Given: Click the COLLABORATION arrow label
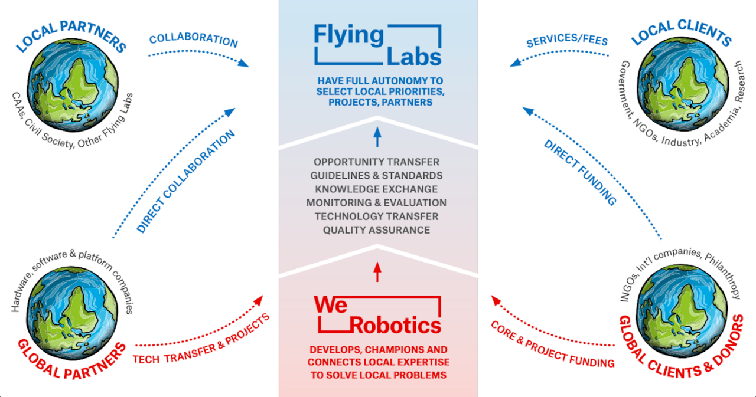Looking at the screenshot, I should [194, 41].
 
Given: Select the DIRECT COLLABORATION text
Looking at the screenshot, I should [186, 182].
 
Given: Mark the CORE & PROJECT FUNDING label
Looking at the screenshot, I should [553, 346].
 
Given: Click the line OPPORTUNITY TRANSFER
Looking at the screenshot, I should [377, 162].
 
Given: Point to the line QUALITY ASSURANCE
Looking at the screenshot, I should [377, 230].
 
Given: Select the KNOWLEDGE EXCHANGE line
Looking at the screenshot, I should [377, 189].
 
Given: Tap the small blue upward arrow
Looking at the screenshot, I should [377, 137].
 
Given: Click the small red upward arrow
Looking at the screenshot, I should [377, 272].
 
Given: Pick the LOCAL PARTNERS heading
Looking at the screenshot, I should [71, 37].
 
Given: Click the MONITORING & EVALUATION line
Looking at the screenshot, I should [377, 203].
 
